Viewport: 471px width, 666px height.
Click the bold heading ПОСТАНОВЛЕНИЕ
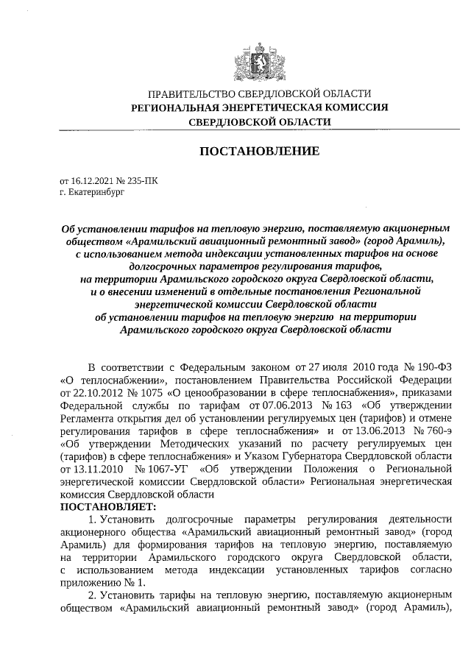[x=260, y=151]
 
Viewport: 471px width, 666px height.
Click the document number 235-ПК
[x=139, y=180]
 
